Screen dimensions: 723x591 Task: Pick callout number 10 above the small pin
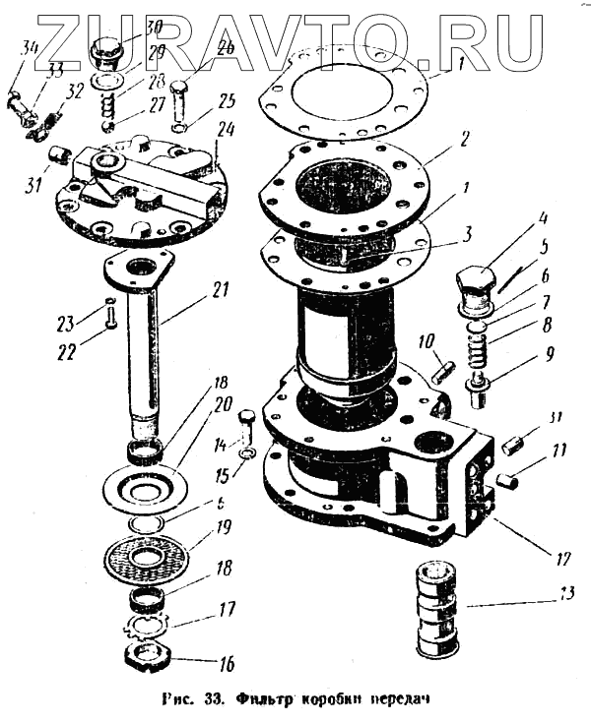[x=425, y=343]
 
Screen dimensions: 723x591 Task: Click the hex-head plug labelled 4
[x=476, y=284]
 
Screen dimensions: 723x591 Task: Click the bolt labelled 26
[x=180, y=99]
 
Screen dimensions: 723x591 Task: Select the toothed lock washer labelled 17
[x=149, y=627]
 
